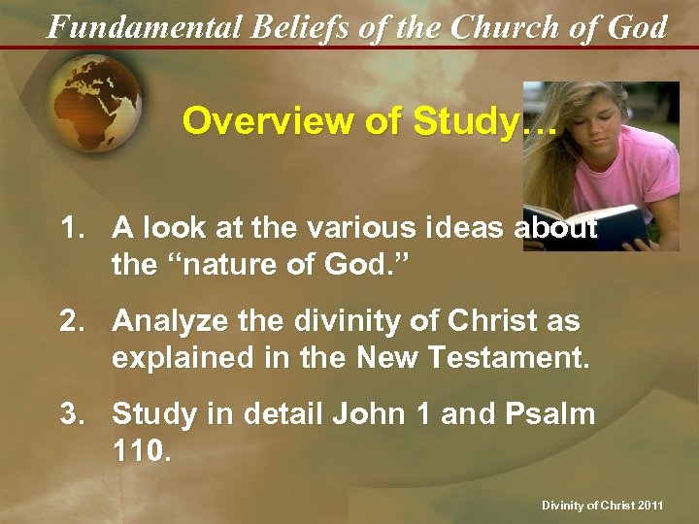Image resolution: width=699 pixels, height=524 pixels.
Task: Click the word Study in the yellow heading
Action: (464, 122)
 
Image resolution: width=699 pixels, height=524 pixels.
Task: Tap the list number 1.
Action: (70, 229)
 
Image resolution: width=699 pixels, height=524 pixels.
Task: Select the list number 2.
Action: (70, 320)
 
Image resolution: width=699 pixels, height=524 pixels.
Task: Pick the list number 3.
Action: (70, 414)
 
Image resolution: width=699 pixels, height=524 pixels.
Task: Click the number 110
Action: (140, 451)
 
